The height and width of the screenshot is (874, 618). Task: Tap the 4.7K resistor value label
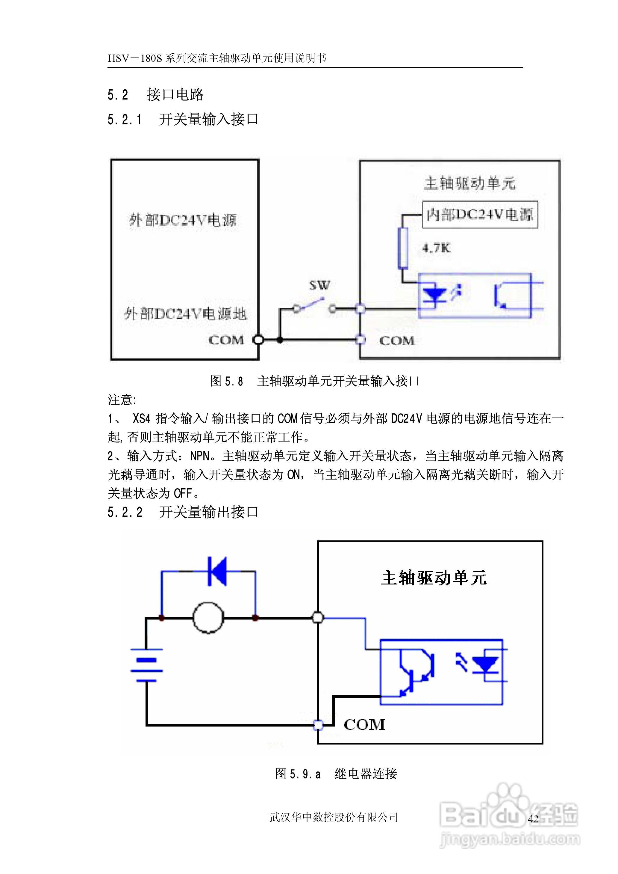point(436,248)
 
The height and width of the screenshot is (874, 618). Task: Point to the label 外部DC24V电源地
point(185,314)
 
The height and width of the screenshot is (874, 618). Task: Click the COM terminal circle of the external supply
point(258,340)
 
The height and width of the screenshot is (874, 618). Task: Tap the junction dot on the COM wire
point(280,340)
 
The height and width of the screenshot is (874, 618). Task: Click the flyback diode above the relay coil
point(218,571)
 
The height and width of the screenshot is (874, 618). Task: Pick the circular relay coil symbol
point(208,618)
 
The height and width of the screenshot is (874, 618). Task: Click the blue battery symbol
point(146,664)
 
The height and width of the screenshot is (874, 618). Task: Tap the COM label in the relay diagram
point(364,725)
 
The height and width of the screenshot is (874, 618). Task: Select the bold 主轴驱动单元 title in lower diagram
point(434,578)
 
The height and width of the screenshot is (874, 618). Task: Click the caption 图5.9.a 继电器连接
point(336,774)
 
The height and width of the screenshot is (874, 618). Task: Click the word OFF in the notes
point(183,493)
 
